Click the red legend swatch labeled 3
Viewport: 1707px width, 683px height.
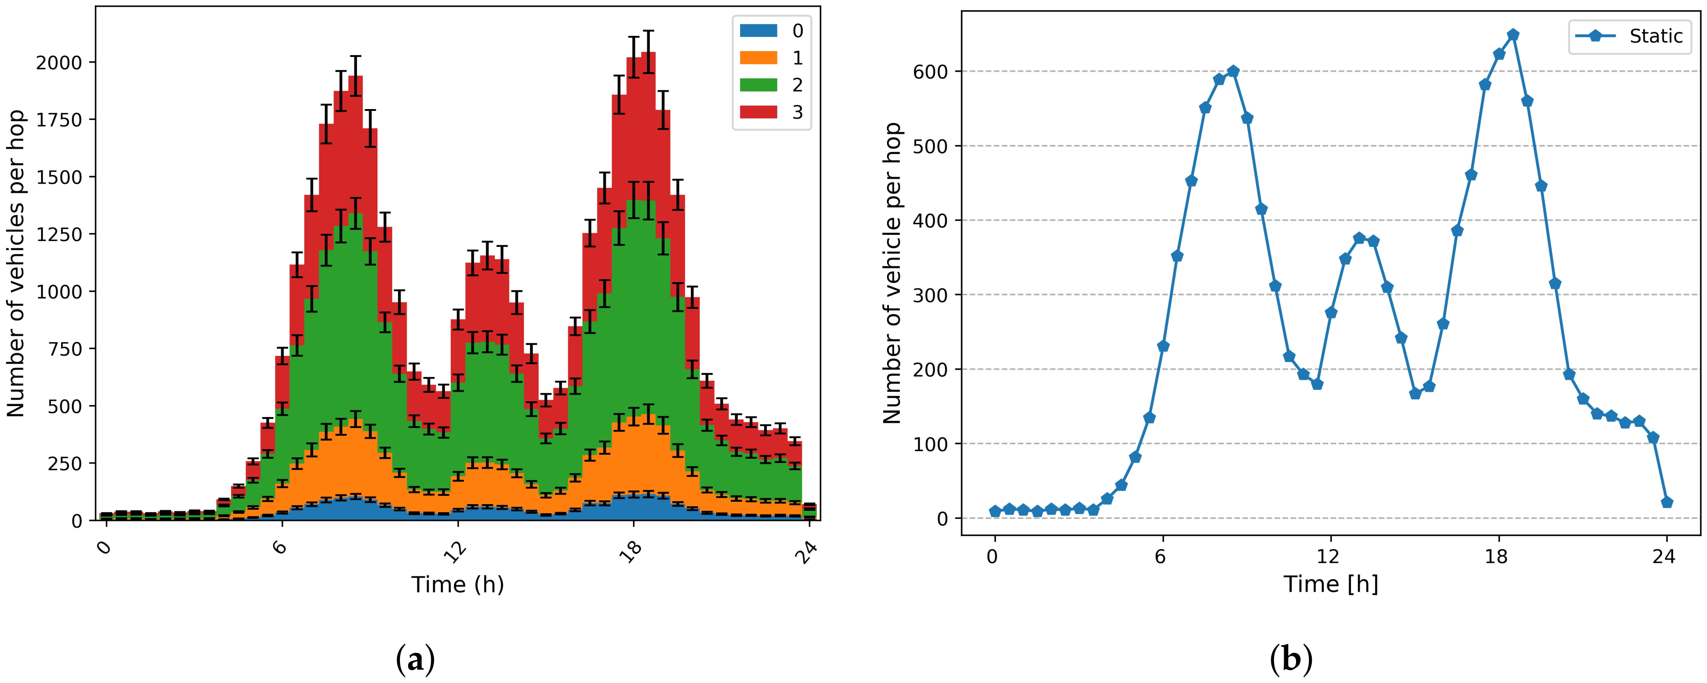[758, 112]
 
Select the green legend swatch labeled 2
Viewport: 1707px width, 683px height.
[758, 85]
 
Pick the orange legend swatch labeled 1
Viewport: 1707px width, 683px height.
[758, 58]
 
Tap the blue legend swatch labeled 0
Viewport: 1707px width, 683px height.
[758, 31]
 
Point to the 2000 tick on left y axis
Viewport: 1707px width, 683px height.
[58, 63]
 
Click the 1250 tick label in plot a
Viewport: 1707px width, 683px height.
[58, 234]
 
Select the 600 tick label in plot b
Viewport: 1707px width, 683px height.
[931, 72]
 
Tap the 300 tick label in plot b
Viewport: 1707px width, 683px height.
[931, 295]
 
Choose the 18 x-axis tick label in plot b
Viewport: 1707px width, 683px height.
[1496, 556]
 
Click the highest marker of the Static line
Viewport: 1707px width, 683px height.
[1513, 35]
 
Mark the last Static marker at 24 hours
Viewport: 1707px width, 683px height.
[1667, 502]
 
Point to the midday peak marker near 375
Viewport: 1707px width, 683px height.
[1359, 238]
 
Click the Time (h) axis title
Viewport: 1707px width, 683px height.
[457, 584]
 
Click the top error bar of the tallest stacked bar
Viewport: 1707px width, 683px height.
[649, 31]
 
